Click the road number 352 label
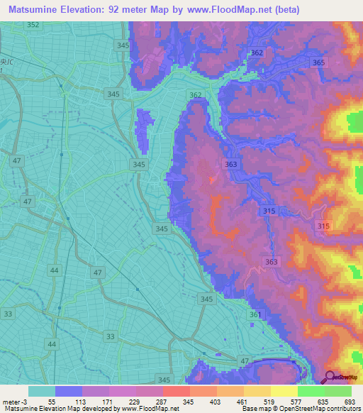pos(33,25)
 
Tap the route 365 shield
pos(319,63)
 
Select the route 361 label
pos(255,314)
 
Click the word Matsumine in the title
pos(37,10)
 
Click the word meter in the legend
pos(11,402)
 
